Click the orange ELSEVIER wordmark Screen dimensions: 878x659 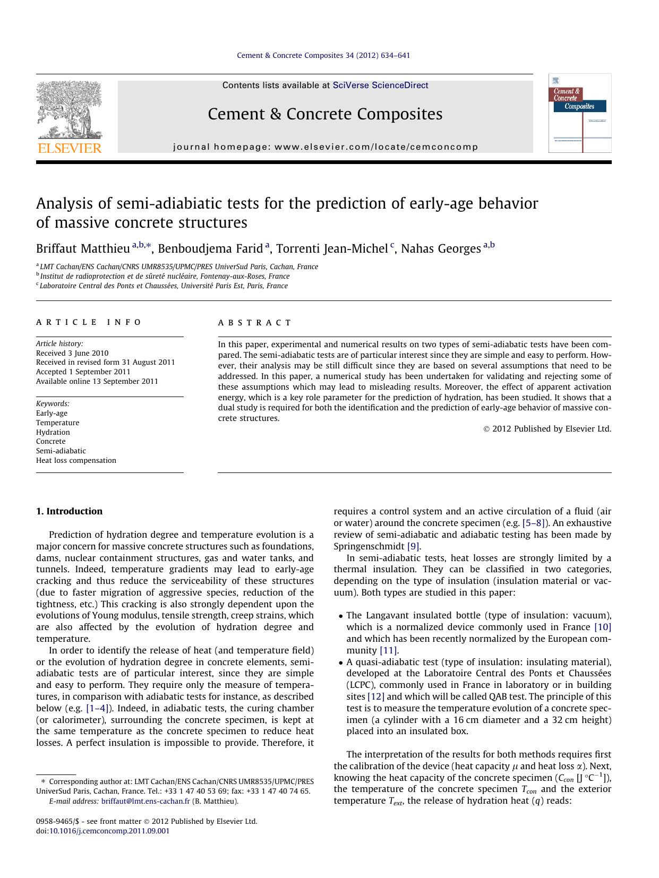click(69, 148)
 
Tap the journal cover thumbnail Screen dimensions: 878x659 click(579, 113)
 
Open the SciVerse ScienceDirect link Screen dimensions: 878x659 click(380, 85)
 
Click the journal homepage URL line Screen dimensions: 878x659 click(326, 147)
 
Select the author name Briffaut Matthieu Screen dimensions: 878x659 click(83, 248)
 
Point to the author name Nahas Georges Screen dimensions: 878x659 click(440, 248)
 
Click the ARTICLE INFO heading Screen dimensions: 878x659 click(89, 322)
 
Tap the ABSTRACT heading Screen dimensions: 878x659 click(255, 323)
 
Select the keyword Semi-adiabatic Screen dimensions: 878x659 click(61, 451)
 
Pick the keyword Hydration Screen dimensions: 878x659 click(53, 432)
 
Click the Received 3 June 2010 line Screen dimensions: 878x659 click(72, 353)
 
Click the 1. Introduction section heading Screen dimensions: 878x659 click(69, 511)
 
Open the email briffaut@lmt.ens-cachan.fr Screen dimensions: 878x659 click(145, 802)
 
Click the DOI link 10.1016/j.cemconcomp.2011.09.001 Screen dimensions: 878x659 click(109, 831)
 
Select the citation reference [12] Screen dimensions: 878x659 click(376, 696)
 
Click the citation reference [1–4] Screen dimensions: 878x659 click(98, 708)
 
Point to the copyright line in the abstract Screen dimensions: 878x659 click(547, 429)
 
